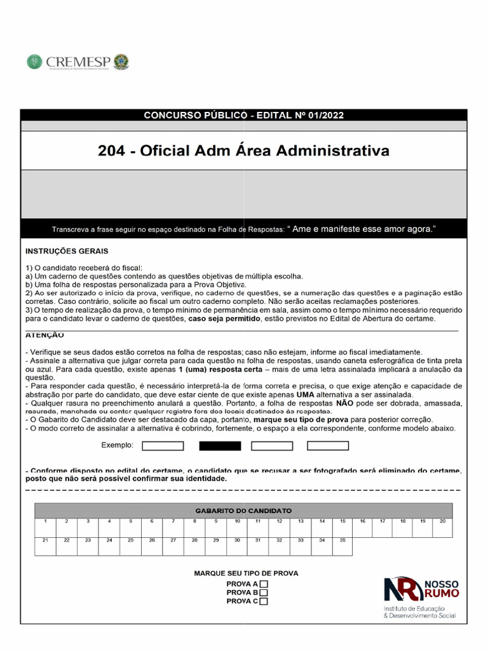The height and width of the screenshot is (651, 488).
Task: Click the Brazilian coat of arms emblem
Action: click(x=121, y=62)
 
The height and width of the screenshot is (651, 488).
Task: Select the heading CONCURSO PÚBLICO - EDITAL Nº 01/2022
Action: click(x=244, y=115)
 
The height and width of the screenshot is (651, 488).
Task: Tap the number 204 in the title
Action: click(x=111, y=151)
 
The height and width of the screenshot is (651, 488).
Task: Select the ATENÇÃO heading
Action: click(x=44, y=334)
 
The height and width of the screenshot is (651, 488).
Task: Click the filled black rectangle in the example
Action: click(x=220, y=446)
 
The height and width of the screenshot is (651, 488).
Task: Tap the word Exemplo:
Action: click(x=118, y=446)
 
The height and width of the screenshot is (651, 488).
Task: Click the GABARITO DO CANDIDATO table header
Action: click(x=243, y=511)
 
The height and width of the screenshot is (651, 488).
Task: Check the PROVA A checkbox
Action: click(x=264, y=584)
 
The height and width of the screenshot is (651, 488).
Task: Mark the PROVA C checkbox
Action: click(x=264, y=601)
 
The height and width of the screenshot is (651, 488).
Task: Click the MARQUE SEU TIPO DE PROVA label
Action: click(x=246, y=573)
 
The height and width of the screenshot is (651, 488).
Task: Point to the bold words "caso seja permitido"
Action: click(x=224, y=319)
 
